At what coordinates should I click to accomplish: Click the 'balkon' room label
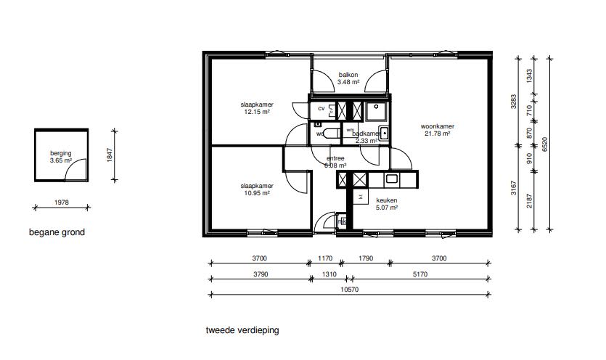pos(348,75)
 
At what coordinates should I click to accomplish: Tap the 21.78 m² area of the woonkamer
pos(438,134)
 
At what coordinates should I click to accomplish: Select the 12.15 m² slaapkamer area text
pos(256,112)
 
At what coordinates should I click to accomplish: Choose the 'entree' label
pos(335,157)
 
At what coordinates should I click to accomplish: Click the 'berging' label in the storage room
pos(61,153)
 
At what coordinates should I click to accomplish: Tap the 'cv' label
pos(320,110)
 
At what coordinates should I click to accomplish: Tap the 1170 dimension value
pos(325,258)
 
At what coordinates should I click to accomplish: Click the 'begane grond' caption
pos(57,233)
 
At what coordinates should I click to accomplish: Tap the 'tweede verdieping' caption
pos(242,330)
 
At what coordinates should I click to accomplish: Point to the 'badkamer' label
pos(366,134)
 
